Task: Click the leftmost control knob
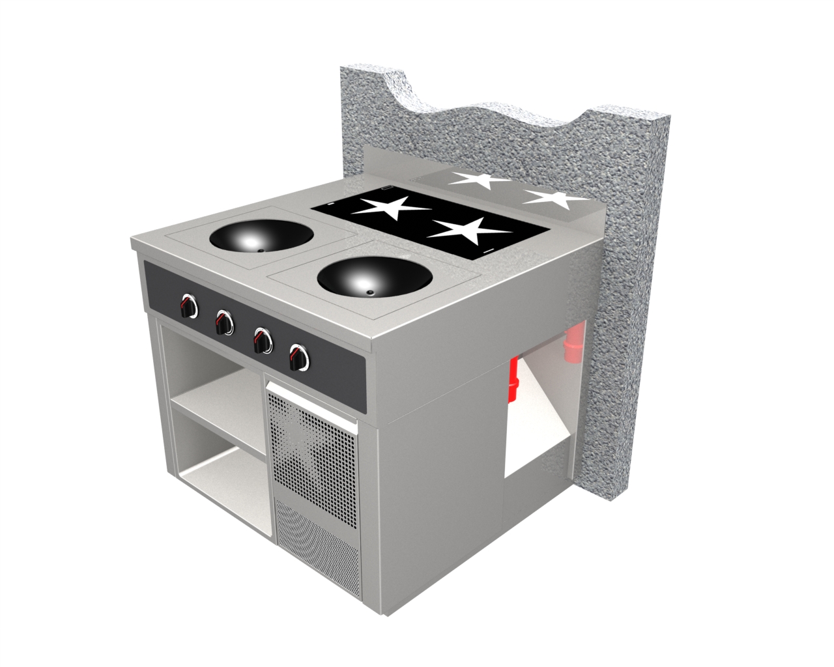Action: coord(189,305)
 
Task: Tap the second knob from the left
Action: coord(224,321)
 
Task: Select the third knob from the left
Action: coord(263,339)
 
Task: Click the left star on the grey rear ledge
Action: coord(481,180)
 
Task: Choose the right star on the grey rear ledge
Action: coord(556,199)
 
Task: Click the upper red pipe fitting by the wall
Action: coord(573,346)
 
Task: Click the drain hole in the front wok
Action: coord(369,293)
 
